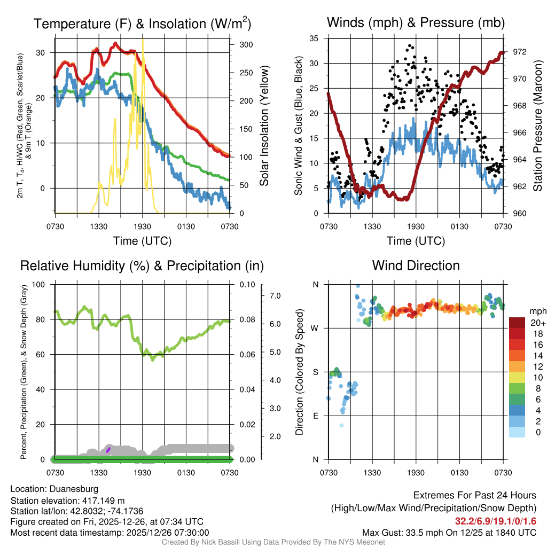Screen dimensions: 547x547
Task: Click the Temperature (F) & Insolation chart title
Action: coord(142,24)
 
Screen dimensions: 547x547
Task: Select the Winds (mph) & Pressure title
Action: coord(415,22)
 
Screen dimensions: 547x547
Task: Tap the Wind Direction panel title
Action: coord(415,265)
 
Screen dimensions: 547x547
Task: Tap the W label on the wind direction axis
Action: coord(315,328)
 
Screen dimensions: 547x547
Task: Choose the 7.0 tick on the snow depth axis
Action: coord(274,295)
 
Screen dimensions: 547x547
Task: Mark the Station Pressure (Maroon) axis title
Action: coord(538,126)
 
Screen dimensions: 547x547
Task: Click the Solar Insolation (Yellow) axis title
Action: coord(264,126)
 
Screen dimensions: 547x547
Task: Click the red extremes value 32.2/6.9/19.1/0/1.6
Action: coord(495,521)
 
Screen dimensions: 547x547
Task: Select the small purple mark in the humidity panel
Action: coord(108,450)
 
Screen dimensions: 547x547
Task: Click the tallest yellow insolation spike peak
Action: coord(143,40)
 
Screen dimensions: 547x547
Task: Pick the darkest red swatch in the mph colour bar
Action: coord(518,323)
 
